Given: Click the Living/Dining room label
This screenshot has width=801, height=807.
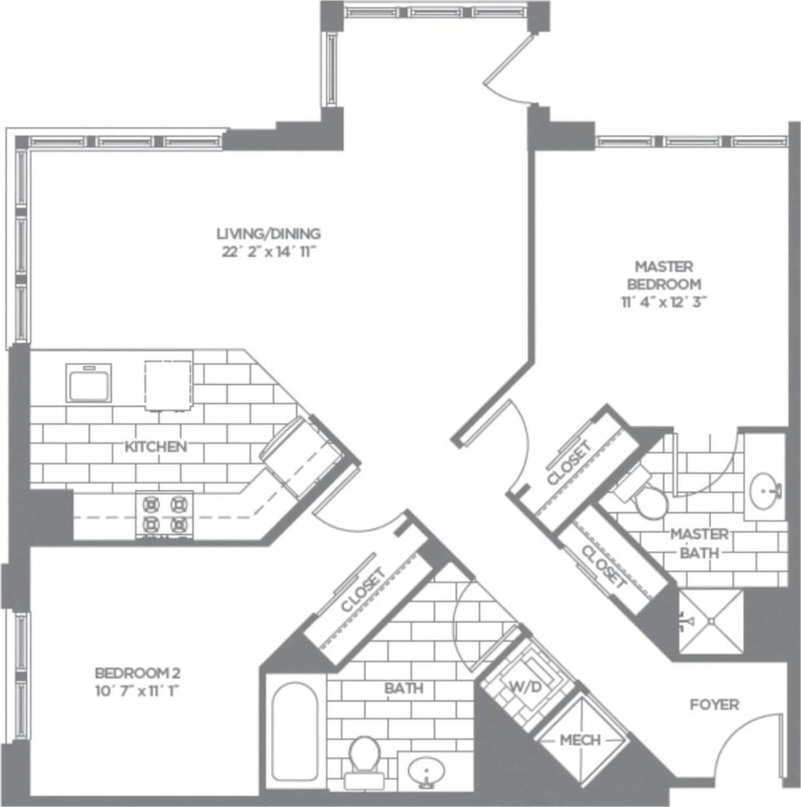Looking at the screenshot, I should tap(269, 233).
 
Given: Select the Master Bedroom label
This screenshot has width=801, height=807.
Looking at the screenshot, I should tap(664, 275).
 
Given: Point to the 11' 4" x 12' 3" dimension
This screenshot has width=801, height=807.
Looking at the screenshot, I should tap(664, 302).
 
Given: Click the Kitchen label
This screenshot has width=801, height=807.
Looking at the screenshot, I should tap(156, 447).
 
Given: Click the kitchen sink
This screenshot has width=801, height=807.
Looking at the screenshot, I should tap(89, 382).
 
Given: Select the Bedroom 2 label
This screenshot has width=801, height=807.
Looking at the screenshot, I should tap(137, 673).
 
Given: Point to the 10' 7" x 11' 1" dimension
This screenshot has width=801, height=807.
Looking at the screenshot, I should tap(137, 691).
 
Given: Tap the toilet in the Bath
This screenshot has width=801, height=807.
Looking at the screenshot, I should tap(364, 756).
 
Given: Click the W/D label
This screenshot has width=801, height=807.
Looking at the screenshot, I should tap(526, 687).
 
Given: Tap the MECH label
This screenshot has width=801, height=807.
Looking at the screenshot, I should tap(580, 741).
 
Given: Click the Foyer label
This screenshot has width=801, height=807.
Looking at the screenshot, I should tap(714, 705).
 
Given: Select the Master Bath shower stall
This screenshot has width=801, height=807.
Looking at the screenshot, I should tap(711, 621).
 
